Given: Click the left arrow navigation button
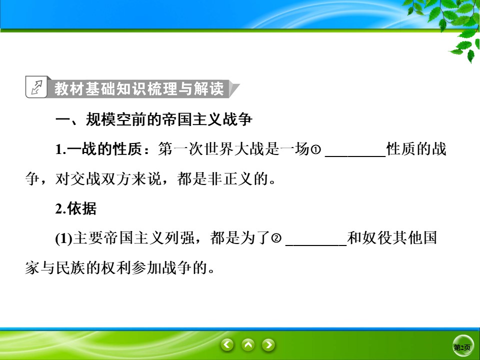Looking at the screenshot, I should [227, 344].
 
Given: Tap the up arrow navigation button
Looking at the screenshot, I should [248, 344].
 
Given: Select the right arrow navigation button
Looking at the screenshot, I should [269, 344].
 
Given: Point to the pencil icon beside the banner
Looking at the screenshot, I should [36, 88].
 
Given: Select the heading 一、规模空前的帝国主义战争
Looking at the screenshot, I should [154, 120].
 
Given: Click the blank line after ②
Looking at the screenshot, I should [316, 240].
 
